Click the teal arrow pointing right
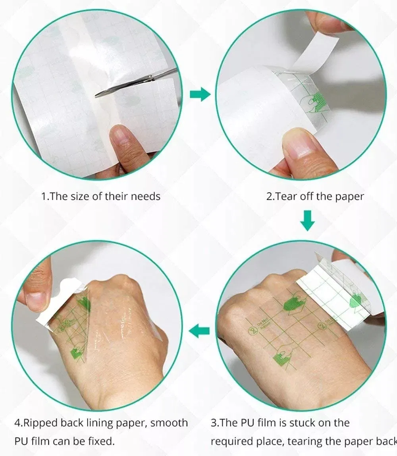200,94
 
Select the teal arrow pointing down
307,221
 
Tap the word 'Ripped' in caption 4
40,423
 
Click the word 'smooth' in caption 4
168,423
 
